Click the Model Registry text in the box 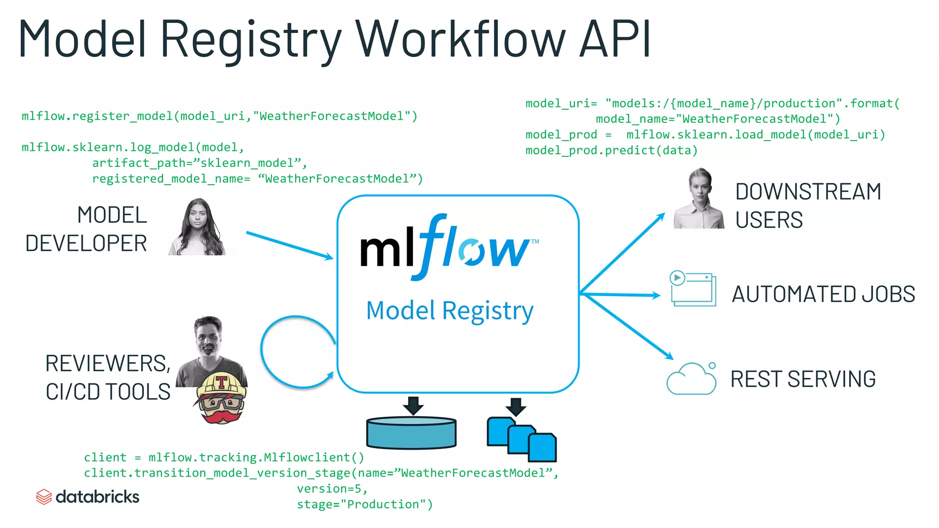pos(450,311)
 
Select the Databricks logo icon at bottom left pos(44,497)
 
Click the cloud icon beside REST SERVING pos(691,379)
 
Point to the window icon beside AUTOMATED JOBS pos(693,289)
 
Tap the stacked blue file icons pos(522,439)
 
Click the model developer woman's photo pos(198,228)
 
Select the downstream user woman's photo pos(699,199)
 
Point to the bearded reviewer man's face pos(209,337)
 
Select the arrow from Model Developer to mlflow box pos(289,245)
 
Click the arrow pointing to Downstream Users pos(624,252)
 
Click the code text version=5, pos(332,489)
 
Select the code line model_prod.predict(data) pos(611,150)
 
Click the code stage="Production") pos(365,504)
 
